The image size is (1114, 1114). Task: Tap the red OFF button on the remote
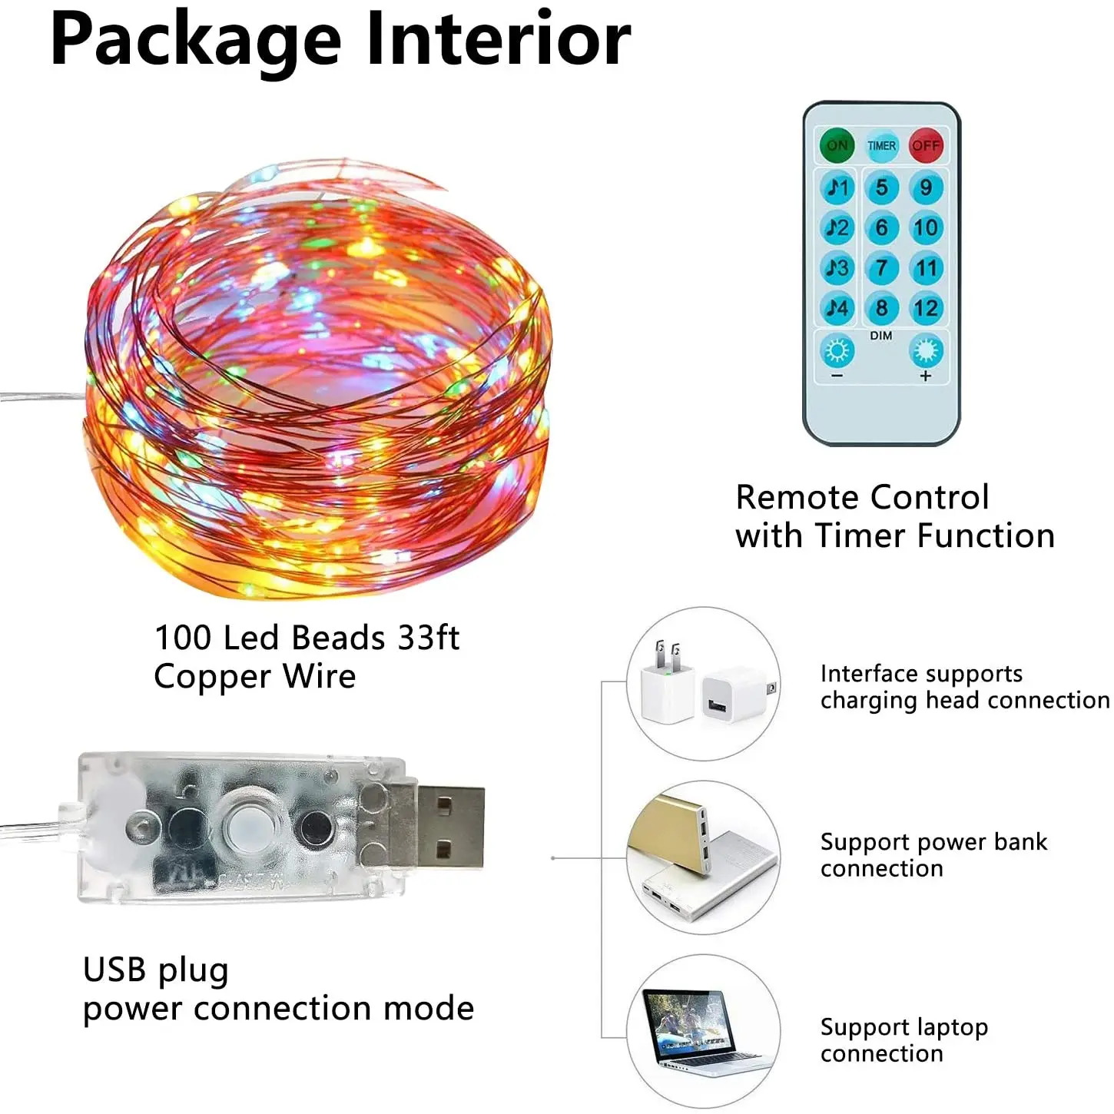926,145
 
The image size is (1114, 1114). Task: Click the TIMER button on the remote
881,145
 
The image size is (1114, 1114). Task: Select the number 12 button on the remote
926,308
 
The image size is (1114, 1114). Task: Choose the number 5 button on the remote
881,187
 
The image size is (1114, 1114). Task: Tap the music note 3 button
837,268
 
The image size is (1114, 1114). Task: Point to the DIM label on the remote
881,336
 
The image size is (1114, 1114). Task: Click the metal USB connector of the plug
450,827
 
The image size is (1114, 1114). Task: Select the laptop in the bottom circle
695,1029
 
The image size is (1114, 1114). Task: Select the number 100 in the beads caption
183,638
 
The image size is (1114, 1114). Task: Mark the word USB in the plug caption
114,970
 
